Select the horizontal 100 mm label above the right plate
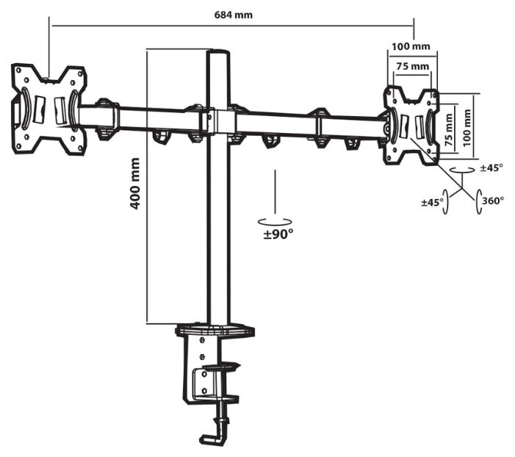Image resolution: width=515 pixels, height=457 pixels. (x=411, y=46)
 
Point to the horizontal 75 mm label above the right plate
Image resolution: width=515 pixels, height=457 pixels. (x=412, y=67)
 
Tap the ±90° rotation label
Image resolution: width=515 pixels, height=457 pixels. (x=278, y=234)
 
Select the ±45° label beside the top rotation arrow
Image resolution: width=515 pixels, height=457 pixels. (x=491, y=168)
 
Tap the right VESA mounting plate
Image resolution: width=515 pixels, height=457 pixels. (x=410, y=125)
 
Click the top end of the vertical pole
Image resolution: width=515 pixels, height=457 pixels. (x=218, y=54)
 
